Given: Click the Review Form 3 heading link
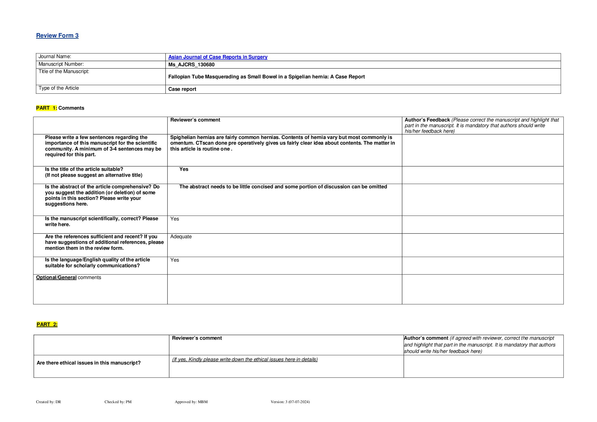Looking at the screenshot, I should click(57, 36).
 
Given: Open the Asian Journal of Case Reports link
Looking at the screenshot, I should click(218, 57).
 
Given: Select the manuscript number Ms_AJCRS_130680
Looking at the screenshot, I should click(191, 65).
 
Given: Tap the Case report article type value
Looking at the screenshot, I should click(182, 89).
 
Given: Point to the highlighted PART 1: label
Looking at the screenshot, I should click(47, 108).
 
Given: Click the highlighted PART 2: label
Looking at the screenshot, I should click(47, 324).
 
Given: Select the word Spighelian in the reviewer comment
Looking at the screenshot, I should click(181, 137).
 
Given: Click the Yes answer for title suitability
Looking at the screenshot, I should click(184, 169).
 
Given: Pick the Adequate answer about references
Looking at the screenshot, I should click(181, 237).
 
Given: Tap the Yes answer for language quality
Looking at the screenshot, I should click(175, 260).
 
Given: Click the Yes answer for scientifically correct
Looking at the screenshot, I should click(175, 219).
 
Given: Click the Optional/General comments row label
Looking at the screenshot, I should click(69, 277).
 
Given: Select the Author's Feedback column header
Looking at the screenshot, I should click(427, 120).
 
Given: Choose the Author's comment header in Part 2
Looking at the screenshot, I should click(426, 338).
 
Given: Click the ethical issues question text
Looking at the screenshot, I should click(89, 363).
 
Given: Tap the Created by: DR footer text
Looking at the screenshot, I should click(49, 402).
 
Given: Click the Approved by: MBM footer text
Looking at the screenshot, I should click(191, 402).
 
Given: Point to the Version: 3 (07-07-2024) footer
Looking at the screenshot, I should click(290, 402).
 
